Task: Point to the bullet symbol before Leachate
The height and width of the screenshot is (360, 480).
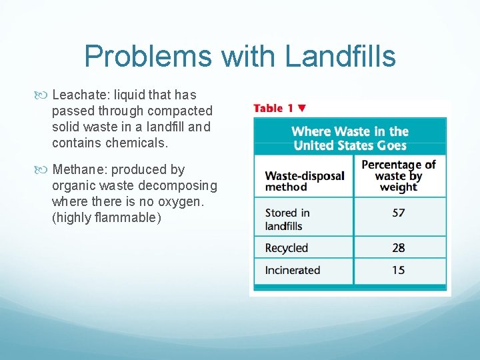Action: tap(45, 95)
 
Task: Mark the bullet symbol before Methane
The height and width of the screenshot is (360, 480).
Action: tap(45, 170)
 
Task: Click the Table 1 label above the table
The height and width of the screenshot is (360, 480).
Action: tap(274, 108)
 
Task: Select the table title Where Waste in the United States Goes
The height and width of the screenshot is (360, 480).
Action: tap(350, 138)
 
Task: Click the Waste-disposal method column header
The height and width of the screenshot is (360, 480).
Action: tap(305, 181)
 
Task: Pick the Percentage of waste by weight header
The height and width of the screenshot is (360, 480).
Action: tap(398, 175)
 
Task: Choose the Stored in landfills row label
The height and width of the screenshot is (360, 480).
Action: tap(287, 219)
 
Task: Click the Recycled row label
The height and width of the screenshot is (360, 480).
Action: tap(287, 248)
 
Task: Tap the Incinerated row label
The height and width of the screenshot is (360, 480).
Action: tap(293, 270)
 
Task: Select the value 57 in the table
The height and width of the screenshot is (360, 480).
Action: tap(399, 213)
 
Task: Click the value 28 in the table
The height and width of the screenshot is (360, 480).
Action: tap(399, 248)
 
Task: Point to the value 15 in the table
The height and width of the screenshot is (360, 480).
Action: tap(399, 270)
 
